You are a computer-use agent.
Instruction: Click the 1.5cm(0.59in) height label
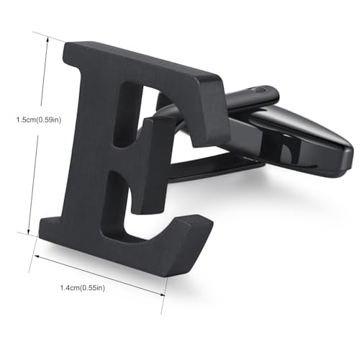[39, 120]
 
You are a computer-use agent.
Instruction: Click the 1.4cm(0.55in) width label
[83, 287]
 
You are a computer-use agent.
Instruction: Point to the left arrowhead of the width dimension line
[37, 256]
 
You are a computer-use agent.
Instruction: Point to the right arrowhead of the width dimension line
[163, 294]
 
